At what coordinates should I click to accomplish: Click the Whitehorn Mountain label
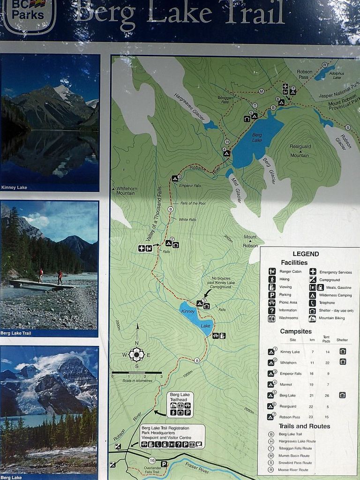click(x=125, y=190)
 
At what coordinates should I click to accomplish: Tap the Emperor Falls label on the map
click(x=190, y=186)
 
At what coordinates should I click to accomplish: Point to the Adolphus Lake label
click(x=336, y=75)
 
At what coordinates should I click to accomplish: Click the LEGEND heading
click(x=306, y=254)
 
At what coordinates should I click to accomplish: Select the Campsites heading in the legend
click(x=296, y=331)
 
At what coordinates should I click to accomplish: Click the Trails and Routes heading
click(x=304, y=426)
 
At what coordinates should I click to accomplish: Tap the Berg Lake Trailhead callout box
click(x=180, y=404)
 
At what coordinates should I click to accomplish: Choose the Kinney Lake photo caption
click(x=14, y=187)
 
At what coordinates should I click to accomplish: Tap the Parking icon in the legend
click(x=272, y=295)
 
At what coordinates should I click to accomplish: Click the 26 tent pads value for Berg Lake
click(x=327, y=395)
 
